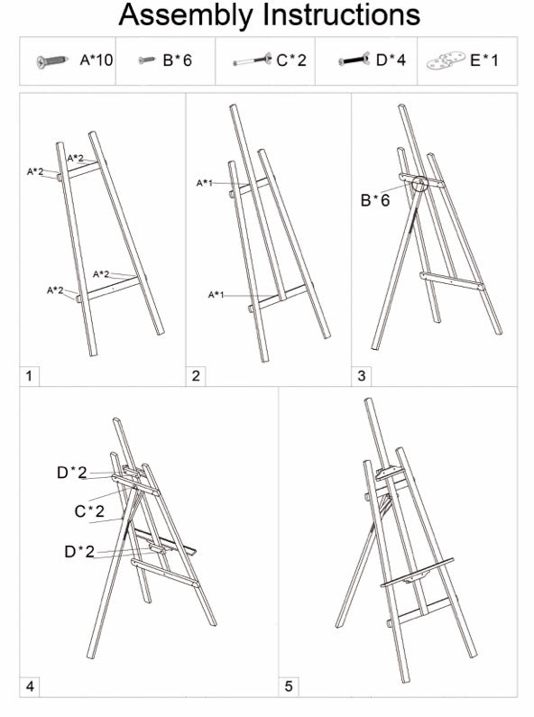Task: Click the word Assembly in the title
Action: click(186, 15)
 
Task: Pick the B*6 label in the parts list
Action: click(177, 61)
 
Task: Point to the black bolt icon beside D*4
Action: click(355, 61)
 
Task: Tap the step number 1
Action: click(29, 375)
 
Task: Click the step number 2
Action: click(195, 375)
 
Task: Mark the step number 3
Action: click(361, 375)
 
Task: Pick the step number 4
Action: click(30, 687)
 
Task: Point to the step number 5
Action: click(289, 687)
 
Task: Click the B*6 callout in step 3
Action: click(375, 200)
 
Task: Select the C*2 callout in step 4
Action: click(90, 511)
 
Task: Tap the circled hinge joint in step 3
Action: click(419, 183)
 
